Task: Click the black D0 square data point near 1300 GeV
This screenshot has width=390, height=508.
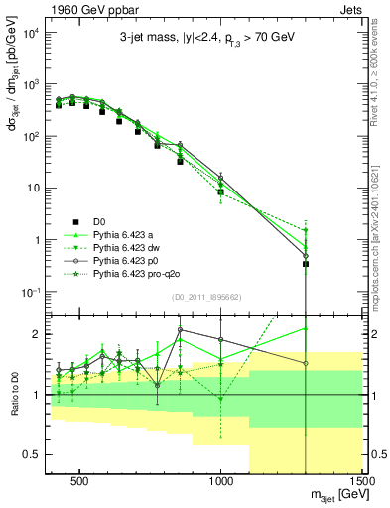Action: tap(306, 264)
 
